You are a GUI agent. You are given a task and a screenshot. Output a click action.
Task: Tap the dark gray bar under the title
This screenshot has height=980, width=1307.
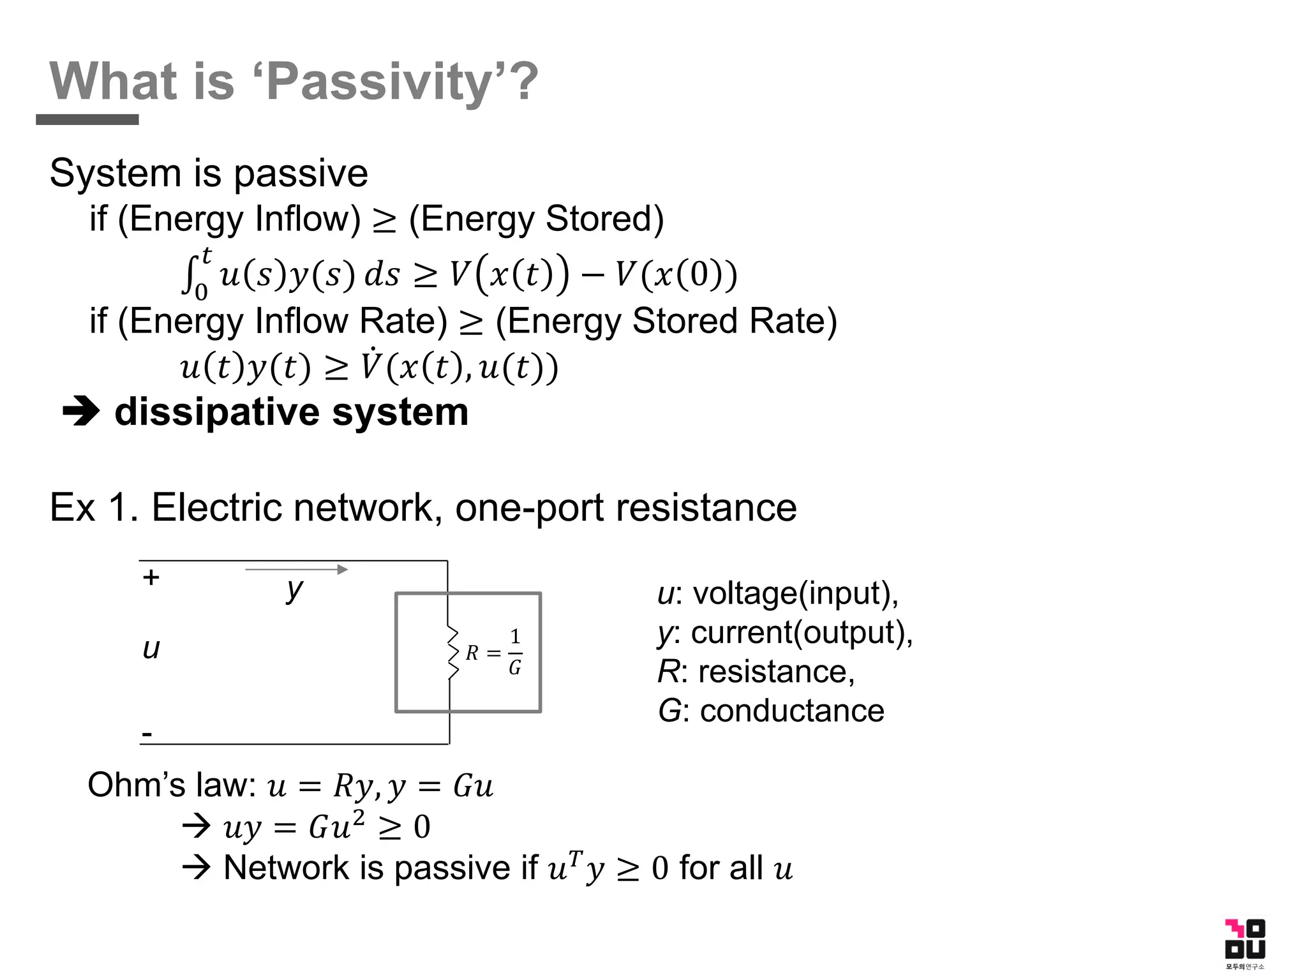pyautogui.click(x=87, y=120)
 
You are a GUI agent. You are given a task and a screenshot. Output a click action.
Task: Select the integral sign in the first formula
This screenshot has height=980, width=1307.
pyautogui.click(x=188, y=275)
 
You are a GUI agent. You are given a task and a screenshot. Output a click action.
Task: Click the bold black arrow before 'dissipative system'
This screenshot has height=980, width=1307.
pyautogui.click(x=81, y=412)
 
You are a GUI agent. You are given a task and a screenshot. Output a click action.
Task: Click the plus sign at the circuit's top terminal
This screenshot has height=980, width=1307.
pyautogui.click(x=151, y=577)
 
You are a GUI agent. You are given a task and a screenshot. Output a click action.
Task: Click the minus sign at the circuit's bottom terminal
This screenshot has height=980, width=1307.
pyautogui.click(x=147, y=735)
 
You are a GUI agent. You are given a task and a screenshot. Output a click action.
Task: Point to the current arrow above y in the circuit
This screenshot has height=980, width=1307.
pyautogui.click(x=297, y=569)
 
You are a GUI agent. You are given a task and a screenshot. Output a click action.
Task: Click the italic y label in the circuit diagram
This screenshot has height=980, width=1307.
pyautogui.click(x=294, y=590)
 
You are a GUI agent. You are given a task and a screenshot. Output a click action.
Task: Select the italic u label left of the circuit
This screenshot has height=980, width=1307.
pyautogui.click(x=151, y=649)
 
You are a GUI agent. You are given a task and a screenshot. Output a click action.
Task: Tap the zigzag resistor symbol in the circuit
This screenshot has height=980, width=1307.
pyautogui.click(x=452, y=653)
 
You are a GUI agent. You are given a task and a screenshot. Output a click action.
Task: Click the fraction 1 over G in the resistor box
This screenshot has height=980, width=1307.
pyautogui.click(x=515, y=652)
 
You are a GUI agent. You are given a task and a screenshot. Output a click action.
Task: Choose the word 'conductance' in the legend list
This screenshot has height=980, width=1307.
pyautogui.click(x=791, y=711)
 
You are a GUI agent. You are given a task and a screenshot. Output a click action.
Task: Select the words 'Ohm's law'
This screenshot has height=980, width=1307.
pyautogui.click(x=172, y=785)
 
